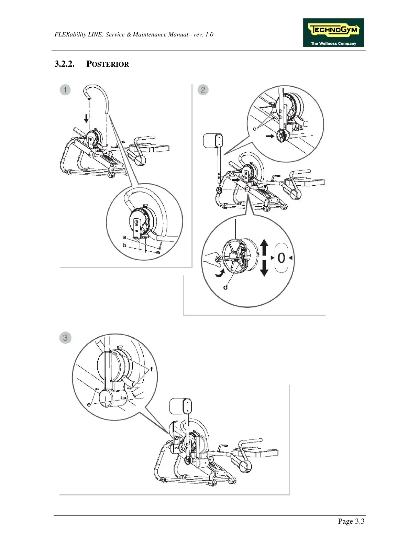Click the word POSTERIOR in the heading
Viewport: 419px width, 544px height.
108,64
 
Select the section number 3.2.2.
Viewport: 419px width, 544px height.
64,64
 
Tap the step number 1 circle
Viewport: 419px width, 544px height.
65,90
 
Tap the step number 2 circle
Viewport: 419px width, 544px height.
203,90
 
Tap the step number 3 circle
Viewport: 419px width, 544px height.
65,337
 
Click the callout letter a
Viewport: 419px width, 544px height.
124,237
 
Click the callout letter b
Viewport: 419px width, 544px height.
124,246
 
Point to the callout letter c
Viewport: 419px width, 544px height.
255,129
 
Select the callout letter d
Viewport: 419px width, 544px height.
225,287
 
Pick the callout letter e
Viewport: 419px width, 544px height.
89,404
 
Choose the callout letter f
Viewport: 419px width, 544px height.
151,370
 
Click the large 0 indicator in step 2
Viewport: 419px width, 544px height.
281,258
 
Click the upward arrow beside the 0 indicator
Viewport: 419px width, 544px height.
264,247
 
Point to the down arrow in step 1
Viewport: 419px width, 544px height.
86,118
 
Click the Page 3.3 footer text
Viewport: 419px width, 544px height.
351,521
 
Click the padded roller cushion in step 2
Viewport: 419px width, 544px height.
213,141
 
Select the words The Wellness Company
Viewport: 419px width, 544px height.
333,44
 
